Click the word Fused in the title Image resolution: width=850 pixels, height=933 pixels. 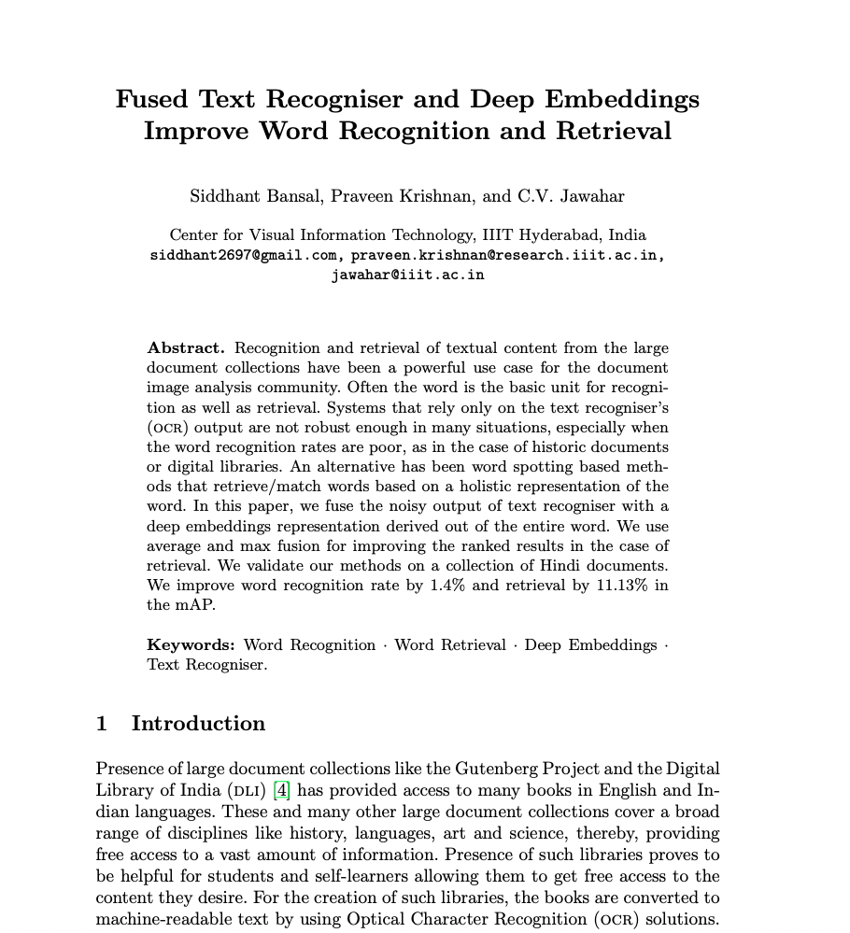click(152, 99)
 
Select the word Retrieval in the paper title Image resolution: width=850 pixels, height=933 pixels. click(614, 131)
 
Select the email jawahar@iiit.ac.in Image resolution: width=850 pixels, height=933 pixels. click(407, 275)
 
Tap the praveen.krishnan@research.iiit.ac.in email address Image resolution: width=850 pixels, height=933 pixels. click(507, 255)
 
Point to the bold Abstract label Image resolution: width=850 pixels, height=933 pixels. click(186, 348)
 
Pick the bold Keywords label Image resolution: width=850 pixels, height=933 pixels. click(191, 645)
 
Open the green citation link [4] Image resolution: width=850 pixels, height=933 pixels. click(281, 790)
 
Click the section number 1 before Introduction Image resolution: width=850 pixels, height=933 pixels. click(102, 724)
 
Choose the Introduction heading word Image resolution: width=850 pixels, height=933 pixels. click(198, 724)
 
